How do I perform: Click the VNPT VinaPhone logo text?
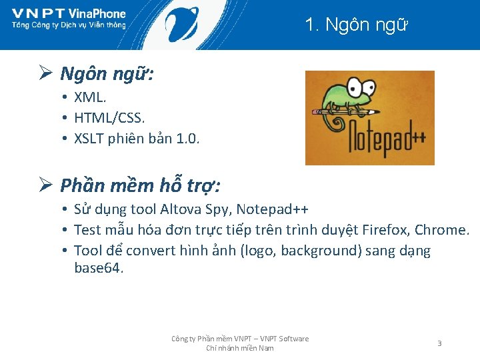tap(69, 14)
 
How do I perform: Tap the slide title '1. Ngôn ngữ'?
tap(356, 25)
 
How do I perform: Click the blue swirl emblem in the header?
tap(181, 24)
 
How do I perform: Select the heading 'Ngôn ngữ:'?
tap(107, 73)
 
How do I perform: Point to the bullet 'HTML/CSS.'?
tap(109, 118)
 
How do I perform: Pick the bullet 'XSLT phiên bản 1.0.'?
tap(137, 139)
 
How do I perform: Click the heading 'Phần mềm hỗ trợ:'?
tap(140, 184)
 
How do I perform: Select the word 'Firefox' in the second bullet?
tap(385, 230)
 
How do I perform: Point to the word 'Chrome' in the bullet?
tap(441, 230)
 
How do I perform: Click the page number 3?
tap(439, 343)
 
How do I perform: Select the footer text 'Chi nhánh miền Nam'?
tap(239, 348)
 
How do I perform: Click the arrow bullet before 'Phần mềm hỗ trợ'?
tap(45, 184)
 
